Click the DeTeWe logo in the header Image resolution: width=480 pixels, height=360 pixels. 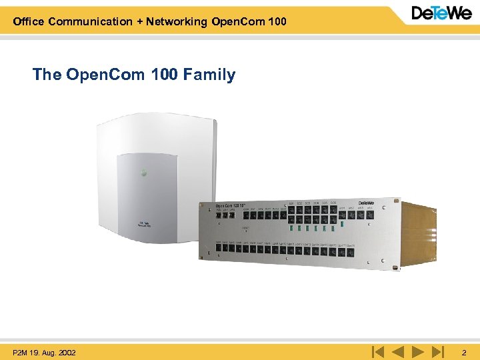[441, 14]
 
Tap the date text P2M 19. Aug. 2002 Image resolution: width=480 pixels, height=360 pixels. [44, 351]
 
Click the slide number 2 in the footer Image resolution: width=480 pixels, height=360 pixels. [464, 351]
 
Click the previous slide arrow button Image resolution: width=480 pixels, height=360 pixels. [398, 351]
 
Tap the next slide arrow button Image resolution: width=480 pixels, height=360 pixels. [417, 351]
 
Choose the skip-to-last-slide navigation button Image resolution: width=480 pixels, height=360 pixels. [437, 351]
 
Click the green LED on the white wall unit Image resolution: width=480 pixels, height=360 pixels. [143, 172]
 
